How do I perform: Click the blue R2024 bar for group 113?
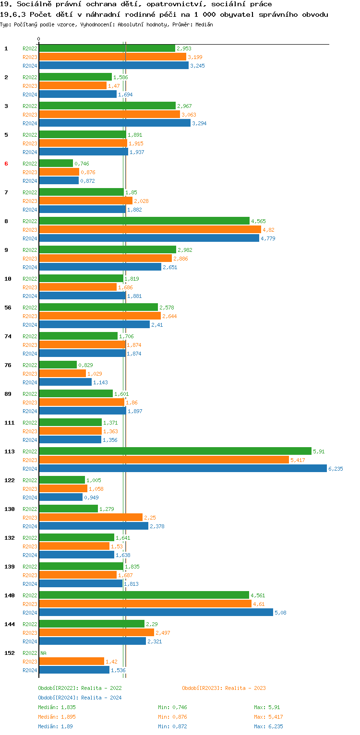pyautogui.click(x=182, y=469)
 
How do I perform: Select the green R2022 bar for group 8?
pyautogui.click(x=144, y=221)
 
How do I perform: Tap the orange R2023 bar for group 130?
pyautogui.click(x=91, y=518)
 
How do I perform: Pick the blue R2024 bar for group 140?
pyautogui.click(x=156, y=613)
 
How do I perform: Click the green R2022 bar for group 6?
pyautogui.click(x=56, y=164)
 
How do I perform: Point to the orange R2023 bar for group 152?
pyautogui.click(x=72, y=662)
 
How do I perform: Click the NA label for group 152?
pyautogui.click(x=43, y=653)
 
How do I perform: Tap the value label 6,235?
pyautogui.click(x=336, y=469)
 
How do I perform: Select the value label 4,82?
pyautogui.click(x=268, y=230)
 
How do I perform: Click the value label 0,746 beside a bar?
pyautogui.click(x=82, y=164)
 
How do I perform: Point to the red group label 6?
pyautogui.click(x=6, y=164)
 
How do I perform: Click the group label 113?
pyautogui.click(x=9, y=451)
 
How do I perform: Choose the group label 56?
pyautogui.click(x=8, y=308)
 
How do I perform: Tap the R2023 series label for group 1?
pyautogui.click(x=30, y=57)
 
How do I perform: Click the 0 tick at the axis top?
pyautogui.click(x=39, y=39)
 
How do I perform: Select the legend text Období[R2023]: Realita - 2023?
pyautogui.click(x=224, y=688)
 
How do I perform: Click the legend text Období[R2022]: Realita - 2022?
pyautogui.click(x=80, y=688)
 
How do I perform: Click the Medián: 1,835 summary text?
pyautogui.click(x=57, y=707)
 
